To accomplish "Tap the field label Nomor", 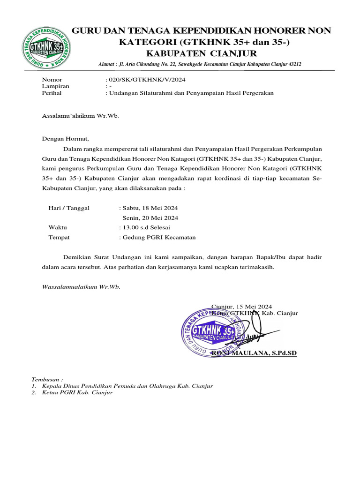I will pos(52,80).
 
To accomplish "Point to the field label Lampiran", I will pos(55,86).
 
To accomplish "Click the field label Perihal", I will pos(52,93).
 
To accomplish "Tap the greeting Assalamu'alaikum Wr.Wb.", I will pos(81,115).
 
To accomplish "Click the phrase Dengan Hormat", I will pos(65,138).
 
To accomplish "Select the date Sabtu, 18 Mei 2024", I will pos(150,208).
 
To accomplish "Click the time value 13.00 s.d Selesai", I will pos(146,227).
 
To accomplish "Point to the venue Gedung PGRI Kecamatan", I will pos(159,237).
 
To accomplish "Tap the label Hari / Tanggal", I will pos(69,208).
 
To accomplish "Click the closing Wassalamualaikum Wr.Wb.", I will pos(81,286).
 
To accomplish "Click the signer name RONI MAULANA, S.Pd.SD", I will pos(255,353).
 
